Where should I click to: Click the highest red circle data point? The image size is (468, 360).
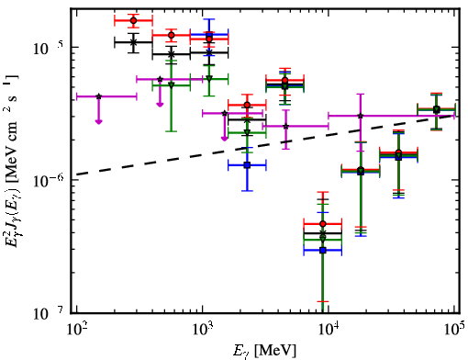pyautogui.click(x=133, y=20)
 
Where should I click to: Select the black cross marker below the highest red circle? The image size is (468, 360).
pyautogui.click(x=133, y=42)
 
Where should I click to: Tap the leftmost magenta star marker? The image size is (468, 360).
pyautogui.click(x=98, y=96)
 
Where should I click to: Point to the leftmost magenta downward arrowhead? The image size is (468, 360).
pyautogui.click(x=98, y=121)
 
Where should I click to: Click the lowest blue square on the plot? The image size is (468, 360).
pyautogui.click(x=322, y=251)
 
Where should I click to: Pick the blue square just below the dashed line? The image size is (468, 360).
pyautogui.click(x=247, y=165)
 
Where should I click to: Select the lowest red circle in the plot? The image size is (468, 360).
pyautogui.click(x=322, y=224)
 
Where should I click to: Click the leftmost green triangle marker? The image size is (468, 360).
pyautogui.click(x=172, y=84)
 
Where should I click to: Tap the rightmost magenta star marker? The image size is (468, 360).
pyautogui.click(x=361, y=116)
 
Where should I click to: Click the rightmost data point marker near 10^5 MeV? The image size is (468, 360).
pyautogui.click(x=437, y=109)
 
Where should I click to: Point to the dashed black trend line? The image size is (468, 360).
pyautogui.click(x=264, y=144)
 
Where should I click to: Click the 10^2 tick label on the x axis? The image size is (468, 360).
pyautogui.click(x=76, y=330)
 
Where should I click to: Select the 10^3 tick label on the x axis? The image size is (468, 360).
pyautogui.click(x=202, y=330)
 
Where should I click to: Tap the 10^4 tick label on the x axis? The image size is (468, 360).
pyautogui.click(x=329, y=330)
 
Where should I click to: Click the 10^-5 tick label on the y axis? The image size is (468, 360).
pyautogui.click(x=48, y=48)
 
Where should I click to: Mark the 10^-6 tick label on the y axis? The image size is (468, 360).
pyautogui.click(x=48, y=181)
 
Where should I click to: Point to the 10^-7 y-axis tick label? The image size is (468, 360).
pyautogui.click(x=48, y=313)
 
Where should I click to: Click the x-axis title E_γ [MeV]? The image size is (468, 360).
pyautogui.click(x=264, y=350)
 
